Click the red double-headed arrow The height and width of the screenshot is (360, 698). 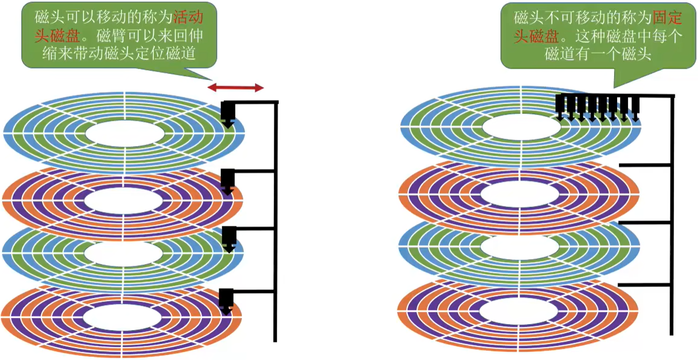pos(235,87)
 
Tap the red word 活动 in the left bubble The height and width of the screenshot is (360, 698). pos(188,17)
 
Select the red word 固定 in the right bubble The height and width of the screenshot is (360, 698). pos(667,17)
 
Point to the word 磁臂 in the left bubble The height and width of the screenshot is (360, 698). pos(110,36)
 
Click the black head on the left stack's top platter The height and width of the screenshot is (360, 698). pos(228,114)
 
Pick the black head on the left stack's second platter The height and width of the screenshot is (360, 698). pos(228,182)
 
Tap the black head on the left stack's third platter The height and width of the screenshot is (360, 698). pos(229,239)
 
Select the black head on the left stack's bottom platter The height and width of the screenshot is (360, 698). pos(226,301)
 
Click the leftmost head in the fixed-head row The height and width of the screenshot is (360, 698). pos(560,107)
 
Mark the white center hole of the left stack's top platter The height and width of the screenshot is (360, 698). pos(124,133)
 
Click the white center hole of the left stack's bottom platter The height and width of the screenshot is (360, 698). pos(122,317)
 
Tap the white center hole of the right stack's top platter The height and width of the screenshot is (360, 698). pos(522,127)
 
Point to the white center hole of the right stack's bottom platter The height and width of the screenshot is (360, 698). pos(519,311)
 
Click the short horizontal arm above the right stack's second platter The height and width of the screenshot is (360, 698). pos(645,165)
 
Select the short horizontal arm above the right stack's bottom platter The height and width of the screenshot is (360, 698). pos(644,285)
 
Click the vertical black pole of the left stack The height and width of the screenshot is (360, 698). pos(275,221)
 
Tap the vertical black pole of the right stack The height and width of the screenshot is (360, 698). pos(672,215)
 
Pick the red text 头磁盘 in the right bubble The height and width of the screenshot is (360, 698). pos(536,36)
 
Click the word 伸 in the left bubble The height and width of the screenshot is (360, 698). pos(196,36)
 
